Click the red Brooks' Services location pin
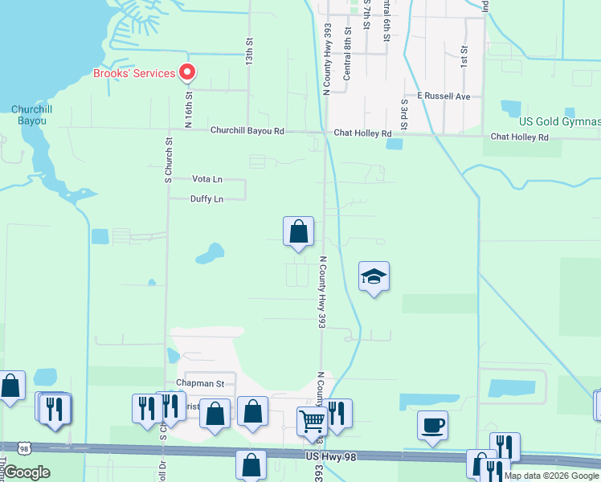coord(187,73)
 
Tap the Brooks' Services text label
coord(134,74)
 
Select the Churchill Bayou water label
coord(33,115)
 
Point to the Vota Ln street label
coord(207,179)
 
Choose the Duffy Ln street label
coord(206,199)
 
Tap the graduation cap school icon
coord(374,277)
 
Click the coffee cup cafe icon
coord(433,425)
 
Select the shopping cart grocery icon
coord(312,421)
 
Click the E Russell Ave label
coord(443,96)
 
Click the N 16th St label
coord(190,110)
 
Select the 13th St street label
coord(250,50)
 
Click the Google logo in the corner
coord(27,472)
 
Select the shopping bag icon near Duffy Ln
coord(298,232)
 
